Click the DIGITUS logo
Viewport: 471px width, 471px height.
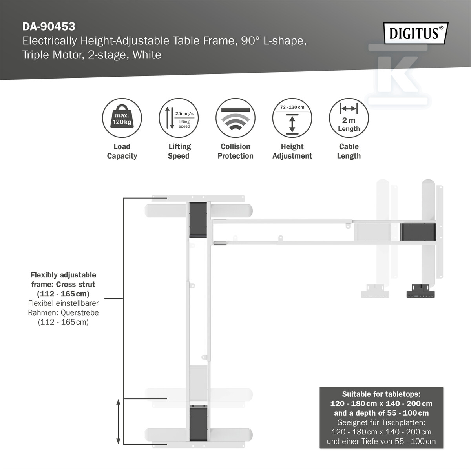coord(416,33)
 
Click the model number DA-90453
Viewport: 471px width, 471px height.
coord(49,26)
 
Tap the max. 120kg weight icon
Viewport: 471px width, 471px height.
coord(122,118)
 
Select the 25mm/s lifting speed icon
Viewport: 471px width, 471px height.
coord(179,118)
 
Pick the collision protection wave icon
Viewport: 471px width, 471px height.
coord(235,118)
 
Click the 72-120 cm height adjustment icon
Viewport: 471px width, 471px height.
coord(292,118)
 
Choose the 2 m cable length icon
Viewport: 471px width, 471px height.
coord(349,118)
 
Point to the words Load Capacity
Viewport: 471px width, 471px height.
coord(122,151)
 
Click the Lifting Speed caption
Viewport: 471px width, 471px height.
coord(179,151)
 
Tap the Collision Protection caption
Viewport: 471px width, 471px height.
coord(235,151)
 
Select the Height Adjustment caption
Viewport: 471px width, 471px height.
coord(292,151)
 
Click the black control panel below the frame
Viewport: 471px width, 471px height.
coord(421,290)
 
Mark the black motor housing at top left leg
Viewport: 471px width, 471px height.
coord(198,220)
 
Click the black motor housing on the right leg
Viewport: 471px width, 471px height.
coord(418,232)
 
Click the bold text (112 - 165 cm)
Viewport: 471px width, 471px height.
coord(63,294)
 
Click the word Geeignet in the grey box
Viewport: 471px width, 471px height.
coord(351,423)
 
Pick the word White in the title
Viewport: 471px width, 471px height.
coord(147,55)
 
